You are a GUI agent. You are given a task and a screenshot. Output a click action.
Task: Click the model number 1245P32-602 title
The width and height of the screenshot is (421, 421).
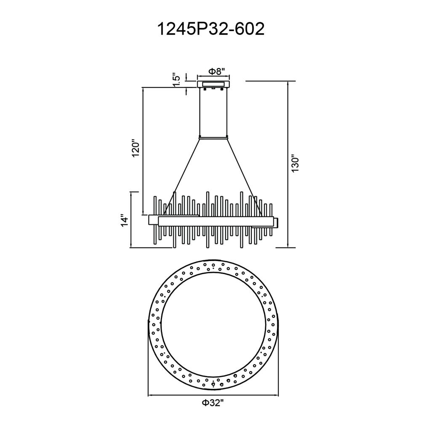click(210, 29)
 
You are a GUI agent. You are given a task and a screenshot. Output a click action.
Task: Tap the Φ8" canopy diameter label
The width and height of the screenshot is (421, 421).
click(216, 72)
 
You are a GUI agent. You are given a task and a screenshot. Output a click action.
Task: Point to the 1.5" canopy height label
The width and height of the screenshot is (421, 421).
click(176, 80)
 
